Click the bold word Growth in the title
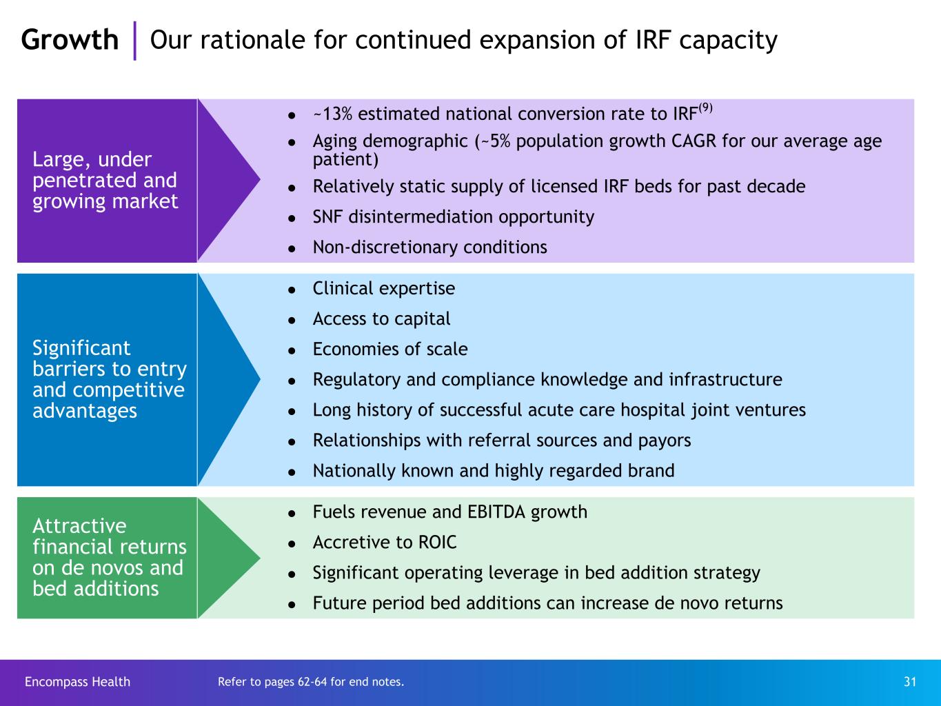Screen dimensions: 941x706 [70, 40]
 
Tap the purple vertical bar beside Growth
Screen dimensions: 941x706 [134, 41]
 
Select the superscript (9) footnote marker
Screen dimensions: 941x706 [706, 108]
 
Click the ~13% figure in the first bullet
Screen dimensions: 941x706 [333, 114]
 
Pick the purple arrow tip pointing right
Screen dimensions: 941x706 [259, 179]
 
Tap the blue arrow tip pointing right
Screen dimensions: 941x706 [259, 379]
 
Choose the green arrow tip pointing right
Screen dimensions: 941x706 [259, 558]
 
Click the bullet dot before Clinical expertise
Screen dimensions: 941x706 [292, 290]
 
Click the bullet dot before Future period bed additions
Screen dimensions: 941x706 [292, 605]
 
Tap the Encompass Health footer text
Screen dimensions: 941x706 [77, 682]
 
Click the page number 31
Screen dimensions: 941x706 [910, 682]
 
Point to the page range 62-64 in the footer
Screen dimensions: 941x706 [312, 682]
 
